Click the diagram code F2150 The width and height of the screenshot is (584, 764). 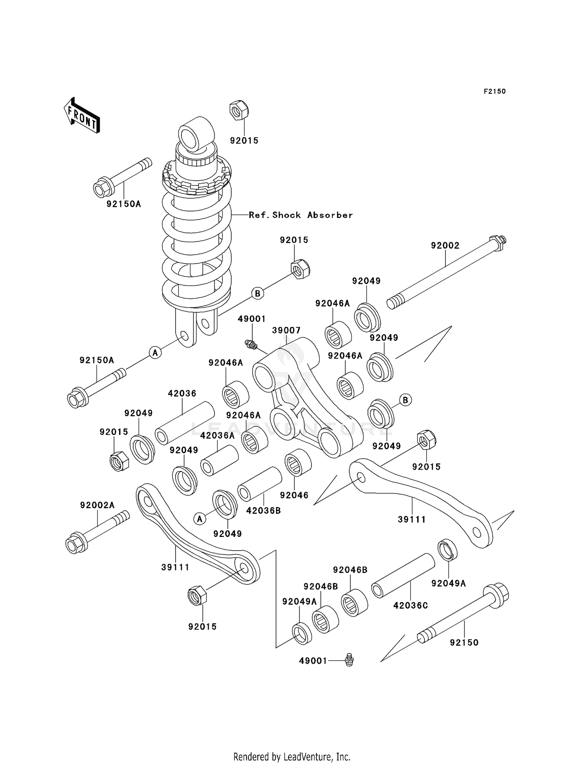(494, 92)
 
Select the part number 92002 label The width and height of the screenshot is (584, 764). (445, 246)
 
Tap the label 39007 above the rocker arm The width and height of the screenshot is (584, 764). (286, 331)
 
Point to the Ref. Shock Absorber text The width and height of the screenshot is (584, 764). (301, 215)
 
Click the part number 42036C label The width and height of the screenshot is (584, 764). (410, 606)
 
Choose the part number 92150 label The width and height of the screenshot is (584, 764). (464, 643)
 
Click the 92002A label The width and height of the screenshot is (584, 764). (97, 505)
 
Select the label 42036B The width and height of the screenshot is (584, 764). (264, 511)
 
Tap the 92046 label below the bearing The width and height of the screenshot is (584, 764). (294, 495)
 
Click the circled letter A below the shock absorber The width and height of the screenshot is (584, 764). (155, 353)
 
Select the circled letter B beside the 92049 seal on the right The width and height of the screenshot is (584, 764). (406, 400)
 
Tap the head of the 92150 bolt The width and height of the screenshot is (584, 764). (497, 595)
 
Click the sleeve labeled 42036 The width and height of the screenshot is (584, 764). (185, 423)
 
